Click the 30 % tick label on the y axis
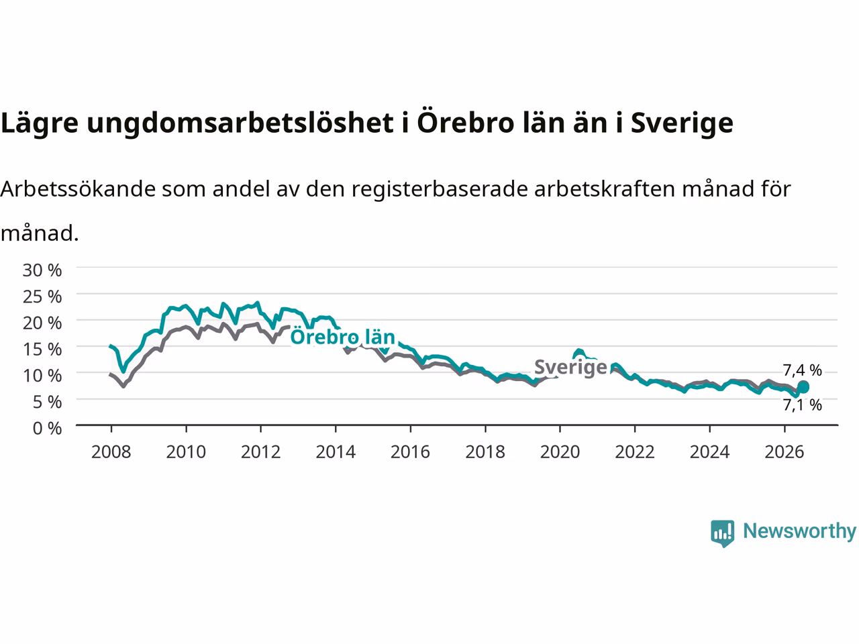pyautogui.click(x=42, y=270)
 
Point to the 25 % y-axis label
pyautogui.click(x=42, y=297)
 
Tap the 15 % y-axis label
pyautogui.click(x=42, y=350)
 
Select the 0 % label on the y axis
pyautogui.click(x=47, y=429)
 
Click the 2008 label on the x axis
pyautogui.click(x=111, y=452)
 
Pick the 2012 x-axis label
pyautogui.click(x=260, y=452)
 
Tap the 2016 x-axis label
pyautogui.click(x=410, y=452)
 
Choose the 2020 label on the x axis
pyautogui.click(x=560, y=452)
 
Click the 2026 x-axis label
pyautogui.click(x=785, y=452)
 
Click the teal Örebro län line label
pyautogui.click(x=343, y=337)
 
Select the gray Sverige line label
pyautogui.click(x=570, y=367)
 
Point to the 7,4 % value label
pyautogui.click(x=802, y=370)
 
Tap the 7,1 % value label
pyautogui.click(x=802, y=405)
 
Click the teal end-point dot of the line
pyautogui.click(x=803, y=387)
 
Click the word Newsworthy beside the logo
pyautogui.click(x=799, y=531)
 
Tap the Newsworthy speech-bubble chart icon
pyautogui.click(x=722, y=533)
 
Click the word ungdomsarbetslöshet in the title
pyautogui.click(x=240, y=123)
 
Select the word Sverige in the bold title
pyautogui.click(x=682, y=123)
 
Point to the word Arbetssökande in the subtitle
pyautogui.click(x=78, y=189)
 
